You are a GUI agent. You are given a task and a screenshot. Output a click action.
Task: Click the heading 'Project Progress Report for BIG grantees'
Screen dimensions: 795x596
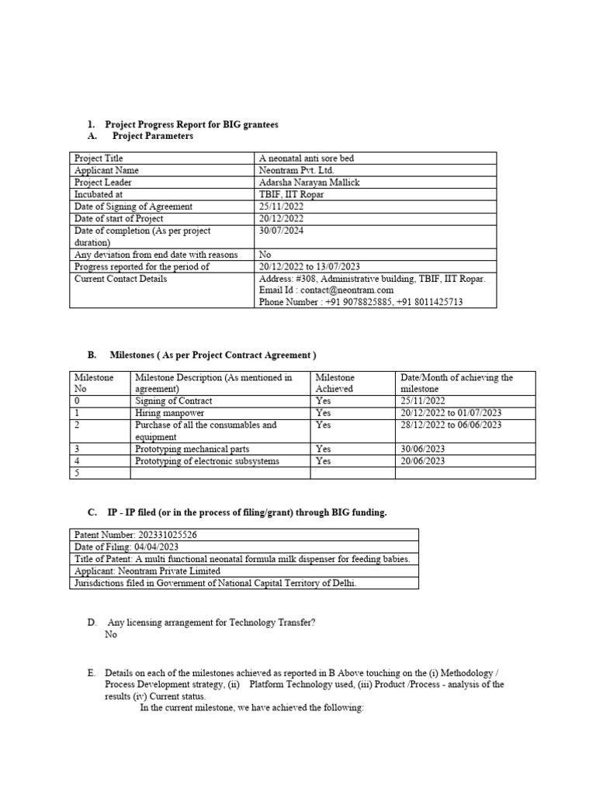[x=191, y=124]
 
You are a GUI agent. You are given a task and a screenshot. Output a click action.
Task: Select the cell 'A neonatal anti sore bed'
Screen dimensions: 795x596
[x=307, y=158]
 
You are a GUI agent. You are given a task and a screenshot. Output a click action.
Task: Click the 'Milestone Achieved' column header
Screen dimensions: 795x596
[x=335, y=383]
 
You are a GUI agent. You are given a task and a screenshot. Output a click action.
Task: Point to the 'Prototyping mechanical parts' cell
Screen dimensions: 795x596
[x=192, y=449]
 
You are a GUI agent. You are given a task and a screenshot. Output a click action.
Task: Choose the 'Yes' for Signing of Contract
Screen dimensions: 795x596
[x=324, y=401]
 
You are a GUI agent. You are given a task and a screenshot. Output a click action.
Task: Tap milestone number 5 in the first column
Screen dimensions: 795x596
[x=77, y=473]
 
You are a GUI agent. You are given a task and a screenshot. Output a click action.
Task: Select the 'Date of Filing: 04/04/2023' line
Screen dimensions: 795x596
[x=123, y=547]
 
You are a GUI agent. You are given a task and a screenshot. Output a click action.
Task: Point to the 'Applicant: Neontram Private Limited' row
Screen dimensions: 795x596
[x=147, y=571]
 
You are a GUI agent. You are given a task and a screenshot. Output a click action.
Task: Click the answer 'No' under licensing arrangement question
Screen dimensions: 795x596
[x=111, y=634]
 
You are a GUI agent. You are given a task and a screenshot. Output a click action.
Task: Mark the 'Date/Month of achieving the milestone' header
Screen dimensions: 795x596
[x=456, y=383]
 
